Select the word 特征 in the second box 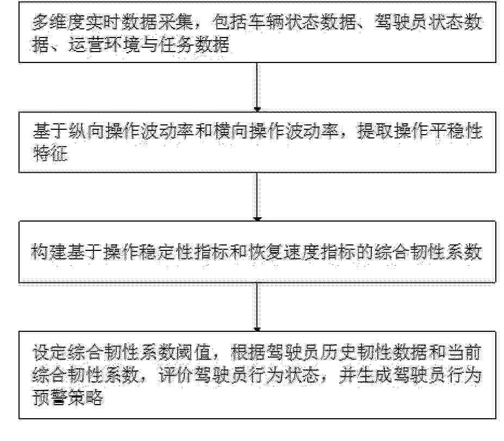pos(50,153)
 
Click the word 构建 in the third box pos(49,252)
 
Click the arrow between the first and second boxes pos(257,87)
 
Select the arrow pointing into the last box pos(257,307)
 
